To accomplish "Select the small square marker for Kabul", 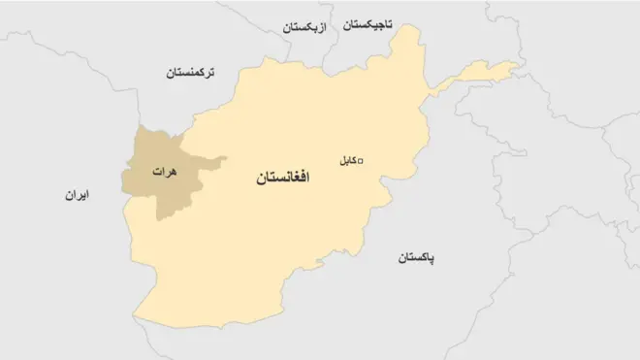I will pos(361,161).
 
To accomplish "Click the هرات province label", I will pos(165,171).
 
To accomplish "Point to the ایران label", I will pos(77,196).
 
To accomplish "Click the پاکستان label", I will pos(417,258).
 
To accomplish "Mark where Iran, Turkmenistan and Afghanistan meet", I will pos(139,127).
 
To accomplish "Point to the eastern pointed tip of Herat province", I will pos(227,158).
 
